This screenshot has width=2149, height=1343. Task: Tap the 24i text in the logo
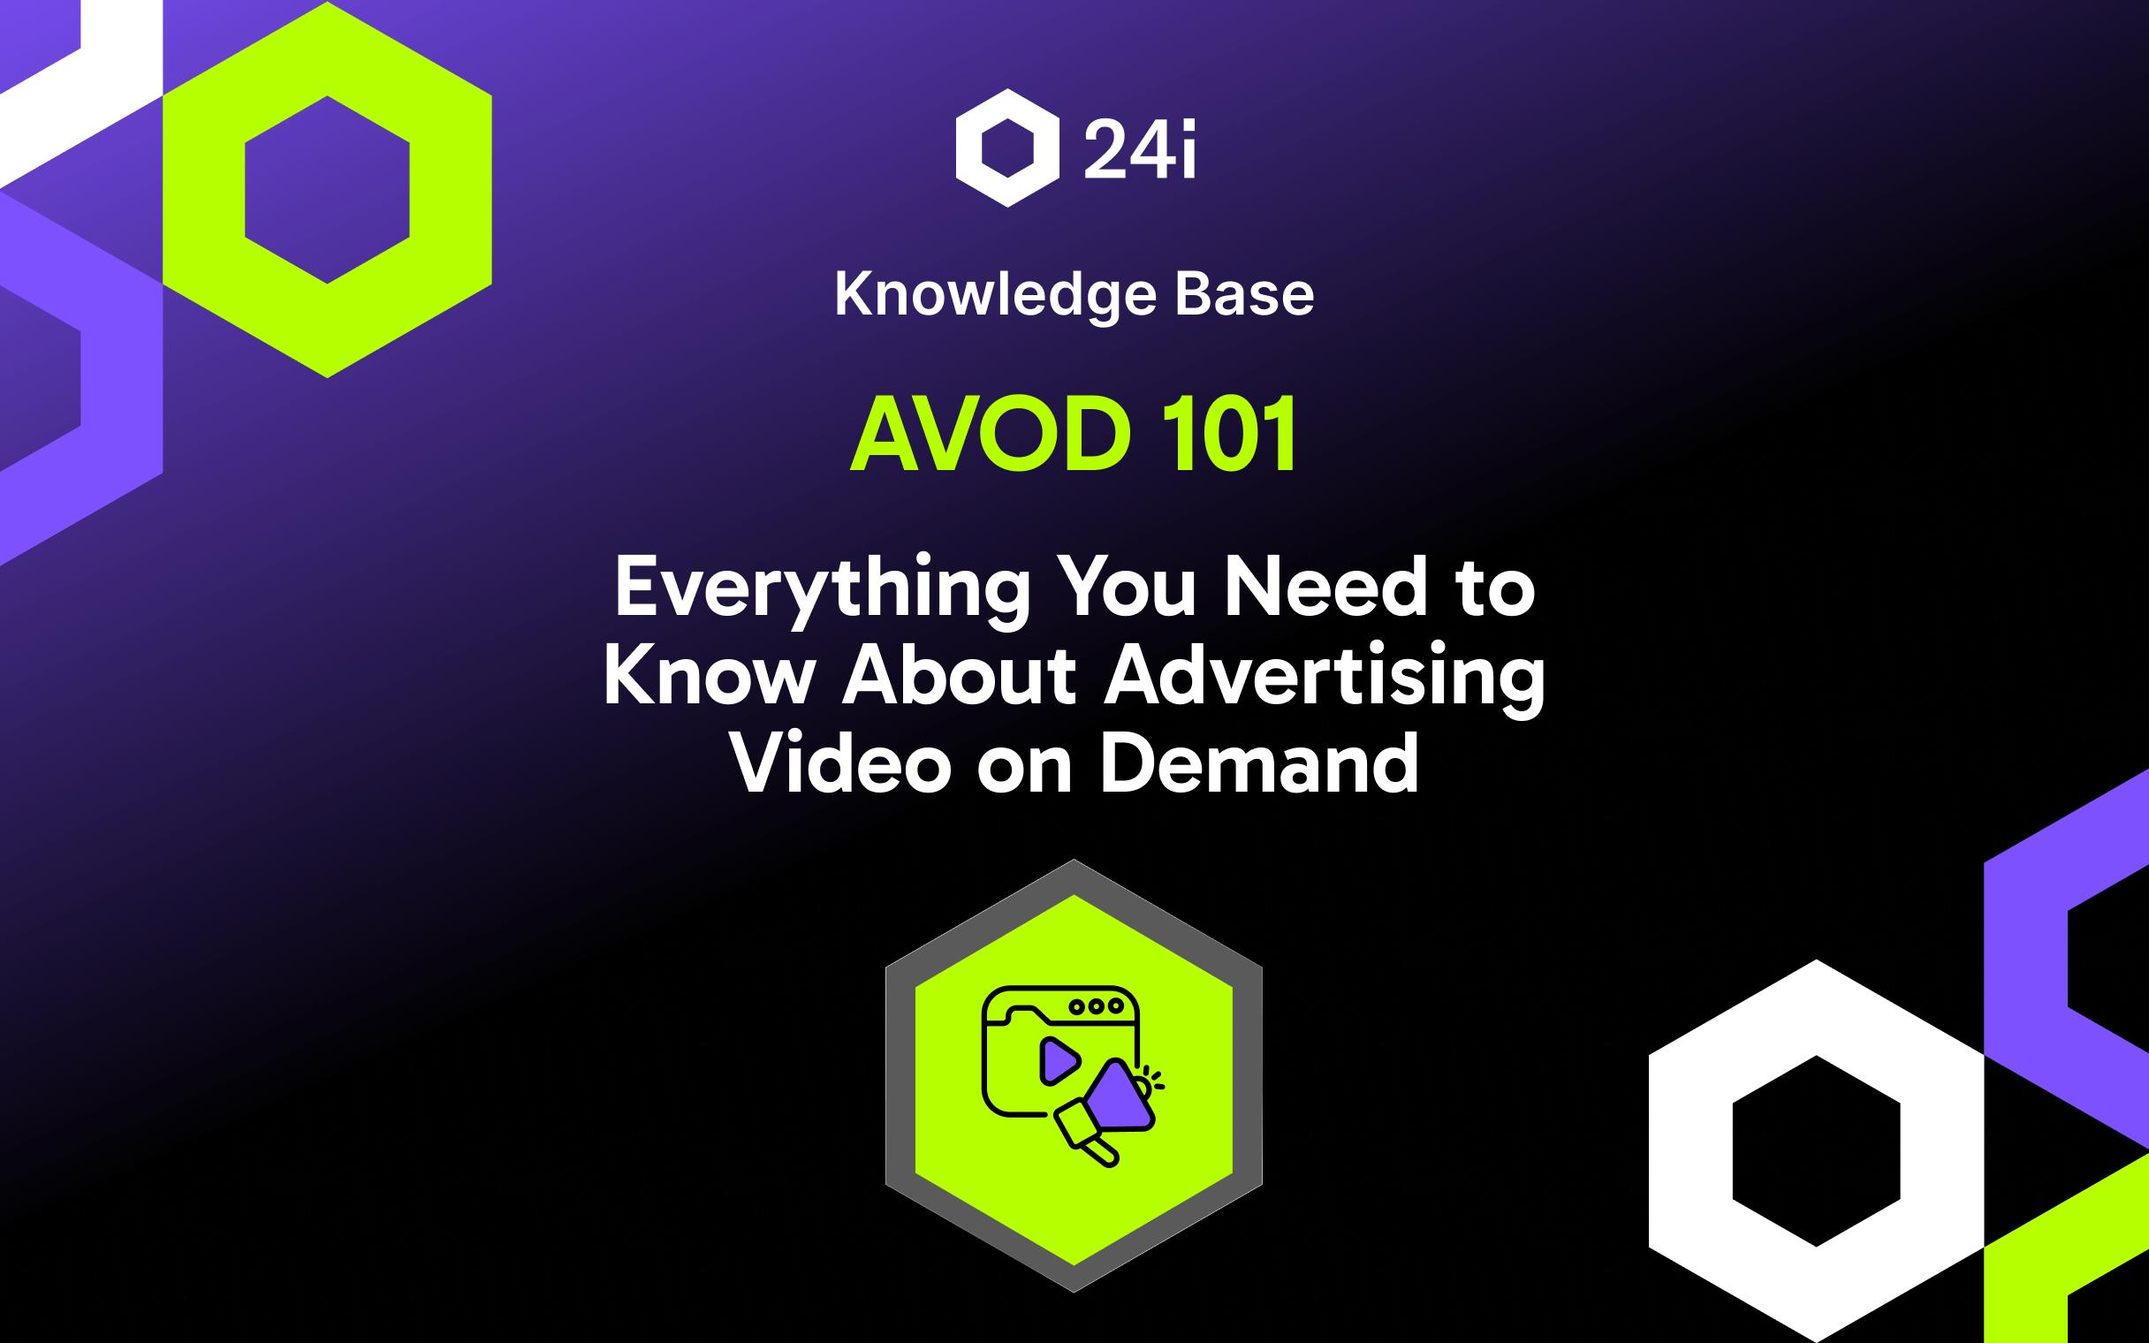[1140, 149]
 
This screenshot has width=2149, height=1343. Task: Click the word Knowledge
[994, 295]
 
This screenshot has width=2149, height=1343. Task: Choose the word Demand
[1259, 763]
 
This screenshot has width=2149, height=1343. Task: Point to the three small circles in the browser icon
[1095, 1006]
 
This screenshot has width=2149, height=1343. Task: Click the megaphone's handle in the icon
[1101, 1152]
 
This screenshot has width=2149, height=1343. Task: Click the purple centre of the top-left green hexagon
[327, 189]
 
